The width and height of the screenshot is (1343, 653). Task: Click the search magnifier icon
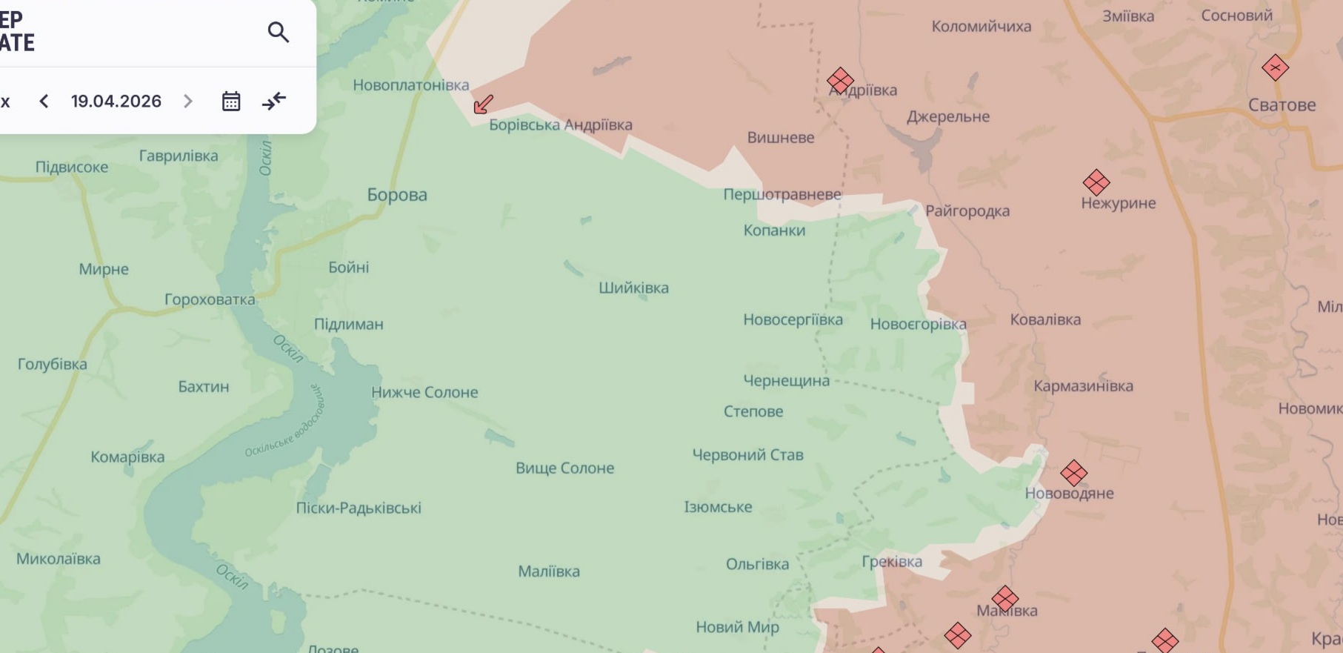point(279,32)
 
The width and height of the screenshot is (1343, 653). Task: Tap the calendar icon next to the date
point(231,101)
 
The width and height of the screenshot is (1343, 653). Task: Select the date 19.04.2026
point(116,101)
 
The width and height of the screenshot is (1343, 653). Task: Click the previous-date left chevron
point(44,101)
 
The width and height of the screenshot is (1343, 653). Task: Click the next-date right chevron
point(188,101)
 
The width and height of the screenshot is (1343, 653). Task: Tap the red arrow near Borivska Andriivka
point(483,104)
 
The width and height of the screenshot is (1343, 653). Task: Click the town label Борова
point(397,195)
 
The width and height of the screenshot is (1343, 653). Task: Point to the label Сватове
point(1282,105)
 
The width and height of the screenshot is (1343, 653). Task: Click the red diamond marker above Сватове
point(1275,68)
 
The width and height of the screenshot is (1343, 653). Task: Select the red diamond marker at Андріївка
point(840,80)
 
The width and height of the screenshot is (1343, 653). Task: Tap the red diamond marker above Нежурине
point(1096,182)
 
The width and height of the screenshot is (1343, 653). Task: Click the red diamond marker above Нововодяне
point(1073,472)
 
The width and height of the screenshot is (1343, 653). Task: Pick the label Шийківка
point(633,288)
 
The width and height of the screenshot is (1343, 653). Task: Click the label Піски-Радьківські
point(359,508)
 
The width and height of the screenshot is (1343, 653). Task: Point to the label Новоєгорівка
point(918,324)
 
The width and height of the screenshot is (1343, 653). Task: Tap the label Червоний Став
point(747,454)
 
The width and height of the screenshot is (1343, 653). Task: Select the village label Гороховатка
point(210,299)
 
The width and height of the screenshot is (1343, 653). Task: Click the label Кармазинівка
point(1083,385)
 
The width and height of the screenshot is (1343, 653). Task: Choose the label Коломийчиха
point(981,27)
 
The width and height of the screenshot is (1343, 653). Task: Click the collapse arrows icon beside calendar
point(274,101)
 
